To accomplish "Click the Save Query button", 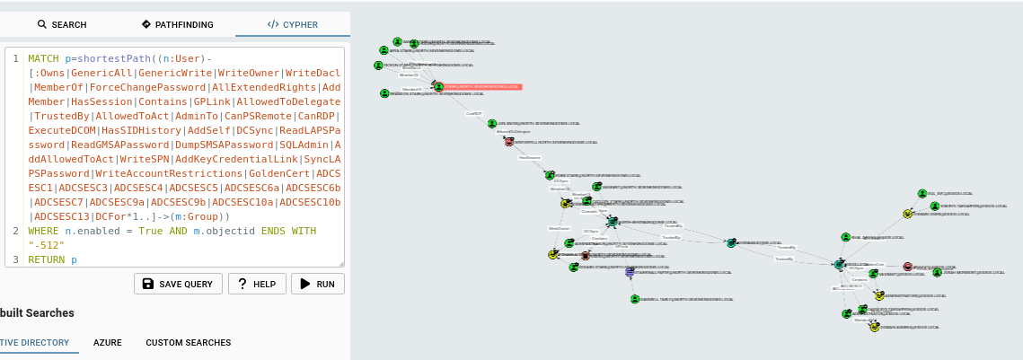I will point(178,284).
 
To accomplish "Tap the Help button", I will point(257,284).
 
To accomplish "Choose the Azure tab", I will point(108,343).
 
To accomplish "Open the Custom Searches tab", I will point(189,343).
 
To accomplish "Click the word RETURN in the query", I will point(46,259).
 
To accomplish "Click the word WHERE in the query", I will point(43,231).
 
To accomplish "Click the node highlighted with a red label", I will point(438,87).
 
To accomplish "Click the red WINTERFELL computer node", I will point(508,142).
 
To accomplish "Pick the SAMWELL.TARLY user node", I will point(634,298).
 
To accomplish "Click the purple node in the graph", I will point(630,271).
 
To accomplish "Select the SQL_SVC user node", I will point(922,193).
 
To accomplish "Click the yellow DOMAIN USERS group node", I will point(907,215).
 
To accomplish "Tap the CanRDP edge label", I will point(473,113).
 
